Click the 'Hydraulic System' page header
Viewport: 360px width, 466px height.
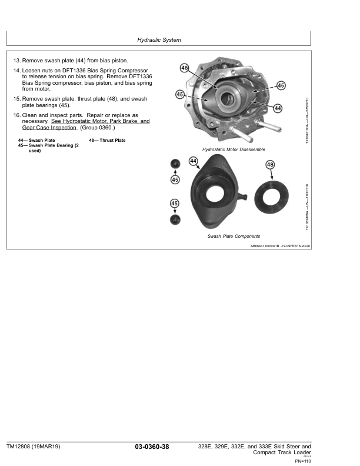coord(159,40)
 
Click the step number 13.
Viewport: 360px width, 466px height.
coord(16,61)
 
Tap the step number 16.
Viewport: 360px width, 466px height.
coord(16,115)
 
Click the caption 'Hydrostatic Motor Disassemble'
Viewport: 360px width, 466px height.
coord(234,149)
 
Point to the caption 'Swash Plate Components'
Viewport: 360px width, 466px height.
coord(234,237)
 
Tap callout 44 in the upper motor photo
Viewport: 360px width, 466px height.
coord(278,108)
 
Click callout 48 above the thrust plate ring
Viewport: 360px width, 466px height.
coord(270,165)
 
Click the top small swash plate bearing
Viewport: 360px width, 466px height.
coord(175,164)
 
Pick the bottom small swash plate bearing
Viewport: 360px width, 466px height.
coord(175,219)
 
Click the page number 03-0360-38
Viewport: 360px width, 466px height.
coord(152,447)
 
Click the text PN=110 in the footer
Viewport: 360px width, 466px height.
coord(303,461)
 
